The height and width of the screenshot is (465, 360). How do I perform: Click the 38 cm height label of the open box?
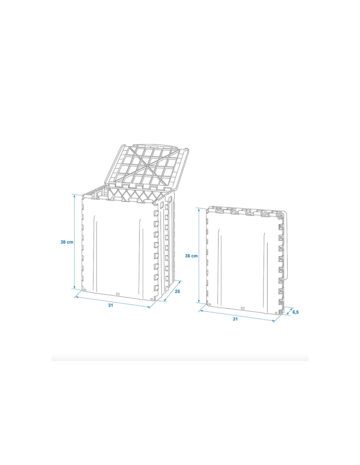point(67,242)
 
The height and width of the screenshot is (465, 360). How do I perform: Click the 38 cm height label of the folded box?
point(191,256)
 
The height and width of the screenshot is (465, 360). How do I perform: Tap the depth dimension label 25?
point(177,291)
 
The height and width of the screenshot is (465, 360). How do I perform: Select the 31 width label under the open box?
point(110,305)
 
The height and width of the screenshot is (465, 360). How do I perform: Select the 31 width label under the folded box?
point(235,319)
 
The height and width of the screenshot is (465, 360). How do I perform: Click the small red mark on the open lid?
point(171,182)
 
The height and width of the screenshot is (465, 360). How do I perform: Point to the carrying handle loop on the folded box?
point(286,246)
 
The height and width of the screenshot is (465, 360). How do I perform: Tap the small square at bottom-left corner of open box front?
point(85,290)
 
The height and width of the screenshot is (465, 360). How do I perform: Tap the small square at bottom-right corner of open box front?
point(152,299)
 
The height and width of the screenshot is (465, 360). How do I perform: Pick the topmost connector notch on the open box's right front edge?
point(156,213)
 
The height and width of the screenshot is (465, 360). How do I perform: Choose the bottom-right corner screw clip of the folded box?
point(280,313)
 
